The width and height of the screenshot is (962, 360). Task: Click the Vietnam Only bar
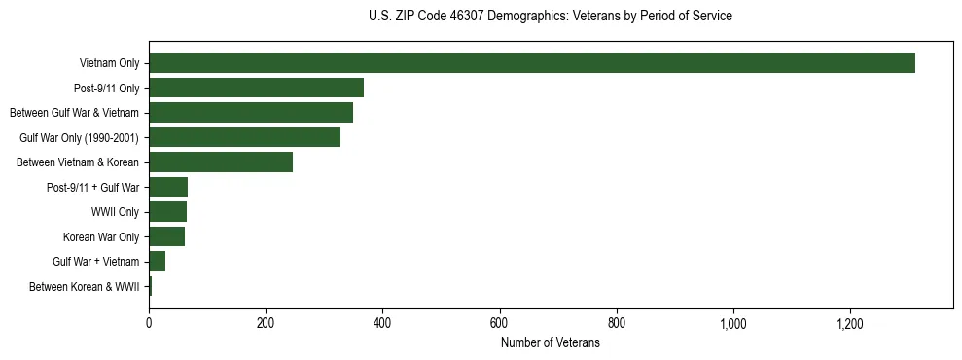(532, 63)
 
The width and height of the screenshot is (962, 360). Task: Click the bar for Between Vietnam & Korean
(221, 162)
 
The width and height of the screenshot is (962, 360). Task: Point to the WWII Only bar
(167, 211)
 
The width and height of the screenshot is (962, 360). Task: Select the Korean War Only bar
(166, 236)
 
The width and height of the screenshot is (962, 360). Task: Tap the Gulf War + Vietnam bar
(157, 261)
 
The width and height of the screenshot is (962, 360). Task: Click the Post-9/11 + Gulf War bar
(168, 187)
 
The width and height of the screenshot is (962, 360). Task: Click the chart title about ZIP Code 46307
(551, 17)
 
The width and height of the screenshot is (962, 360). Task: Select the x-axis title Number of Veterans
(551, 343)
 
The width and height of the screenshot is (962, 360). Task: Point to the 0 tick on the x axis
(149, 323)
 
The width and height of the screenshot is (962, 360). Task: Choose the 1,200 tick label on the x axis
(850, 323)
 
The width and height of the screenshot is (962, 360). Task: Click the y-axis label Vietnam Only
(109, 64)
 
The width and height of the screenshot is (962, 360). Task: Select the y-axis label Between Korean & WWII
(85, 287)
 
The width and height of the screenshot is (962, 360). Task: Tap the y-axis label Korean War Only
(101, 237)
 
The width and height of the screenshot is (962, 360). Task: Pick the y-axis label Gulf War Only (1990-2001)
(80, 138)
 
